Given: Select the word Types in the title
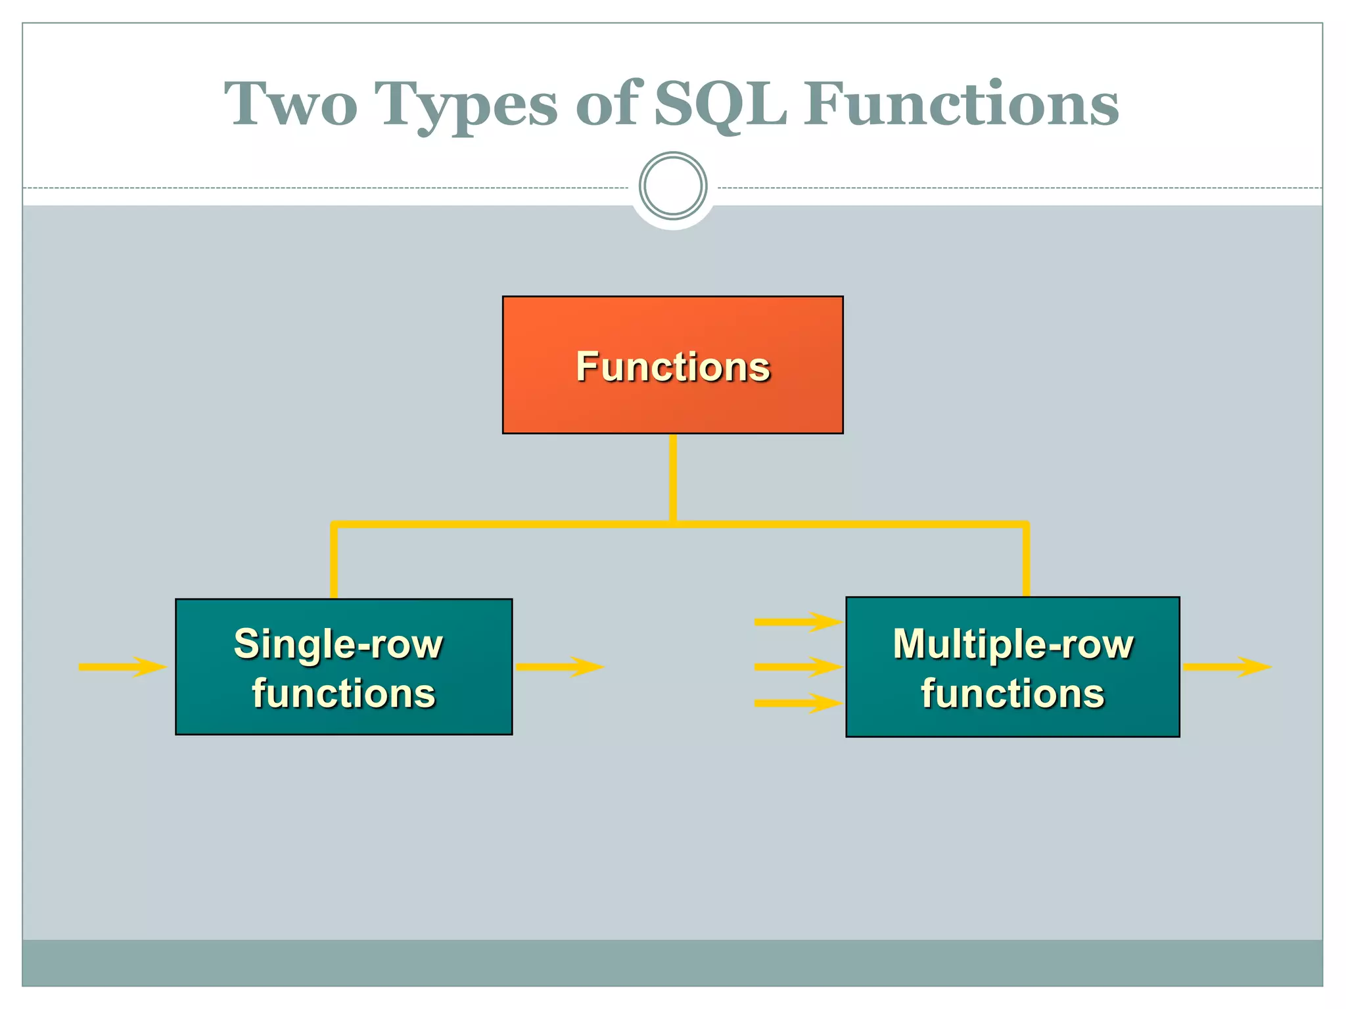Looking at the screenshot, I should click(467, 105).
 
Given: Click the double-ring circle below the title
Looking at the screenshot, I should click(673, 186).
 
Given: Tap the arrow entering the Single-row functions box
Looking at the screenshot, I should click(122, 667).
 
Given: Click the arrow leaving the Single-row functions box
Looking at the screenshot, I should click(559, 667).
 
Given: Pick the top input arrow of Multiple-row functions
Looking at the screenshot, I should click(798, 621).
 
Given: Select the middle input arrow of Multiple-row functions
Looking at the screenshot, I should click(798, 667).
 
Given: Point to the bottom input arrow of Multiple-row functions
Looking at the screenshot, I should click(798, 703).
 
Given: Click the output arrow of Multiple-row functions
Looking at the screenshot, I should click(1226, 667).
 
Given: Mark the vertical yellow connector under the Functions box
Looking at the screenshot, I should click(673, 478).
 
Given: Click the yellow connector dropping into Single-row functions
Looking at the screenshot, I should click(334, 562).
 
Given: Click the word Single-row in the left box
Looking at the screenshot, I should click(338, 644).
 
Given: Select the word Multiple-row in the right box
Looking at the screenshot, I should click(1013, 644).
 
